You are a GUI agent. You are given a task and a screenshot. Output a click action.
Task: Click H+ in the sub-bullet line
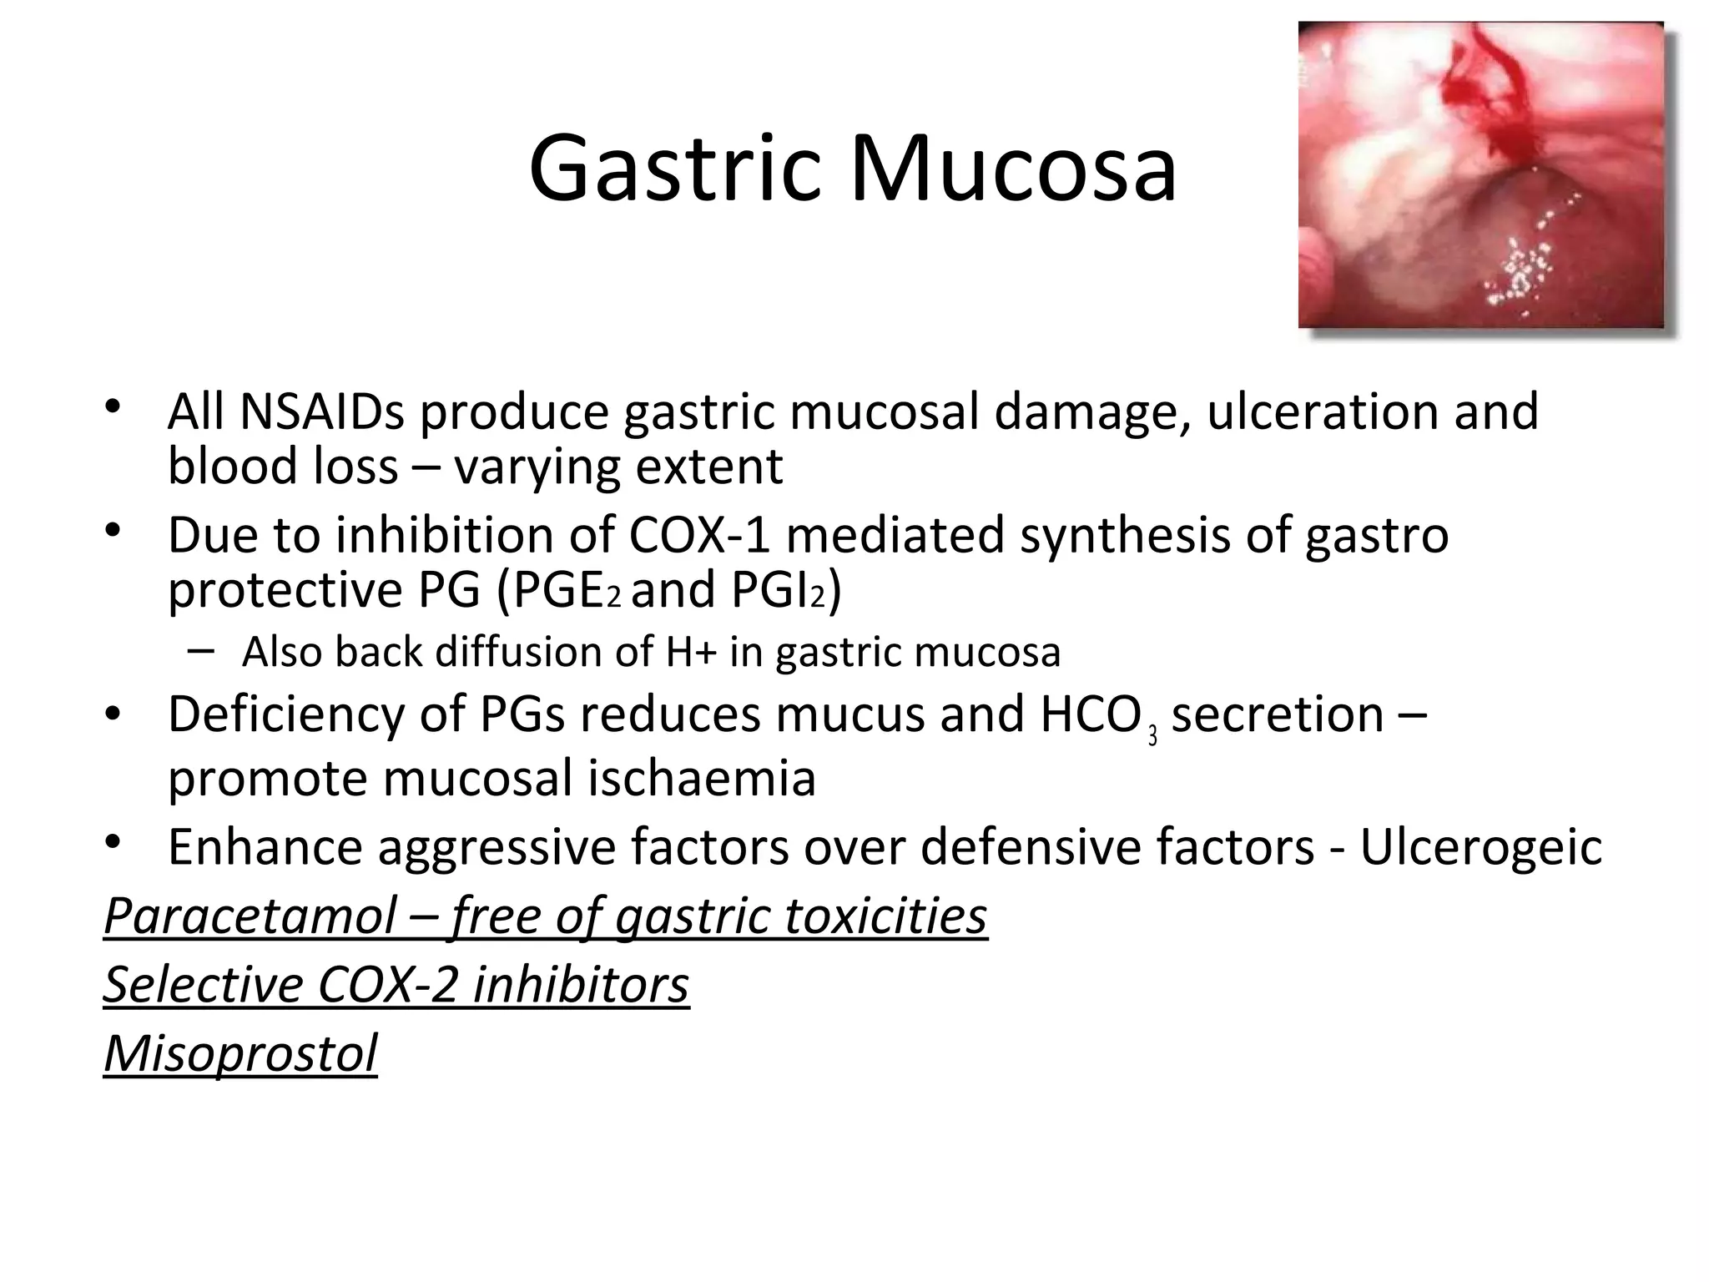pos(690,652)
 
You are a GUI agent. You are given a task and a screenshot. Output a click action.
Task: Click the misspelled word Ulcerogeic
pos(1481,846)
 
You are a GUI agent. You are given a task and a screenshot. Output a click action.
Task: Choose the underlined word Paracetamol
pos(250,916)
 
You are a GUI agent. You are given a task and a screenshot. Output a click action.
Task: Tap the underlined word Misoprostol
pos(240,1052)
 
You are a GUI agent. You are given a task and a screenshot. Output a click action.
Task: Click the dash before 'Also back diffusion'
pos(201,651)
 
